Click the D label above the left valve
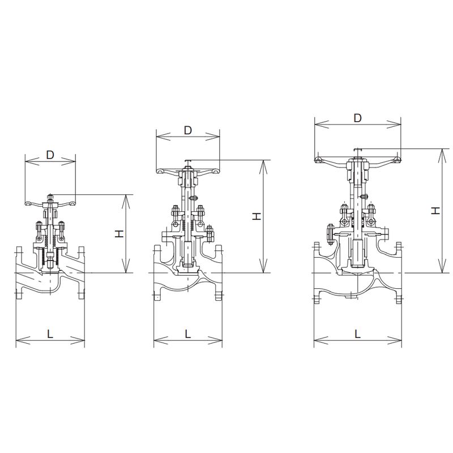50,155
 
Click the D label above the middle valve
188,131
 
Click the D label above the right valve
358,118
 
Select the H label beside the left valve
119,233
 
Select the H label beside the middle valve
257,216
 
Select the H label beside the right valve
435,210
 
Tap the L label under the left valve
50,334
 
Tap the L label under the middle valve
188,334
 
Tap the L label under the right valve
358,334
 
